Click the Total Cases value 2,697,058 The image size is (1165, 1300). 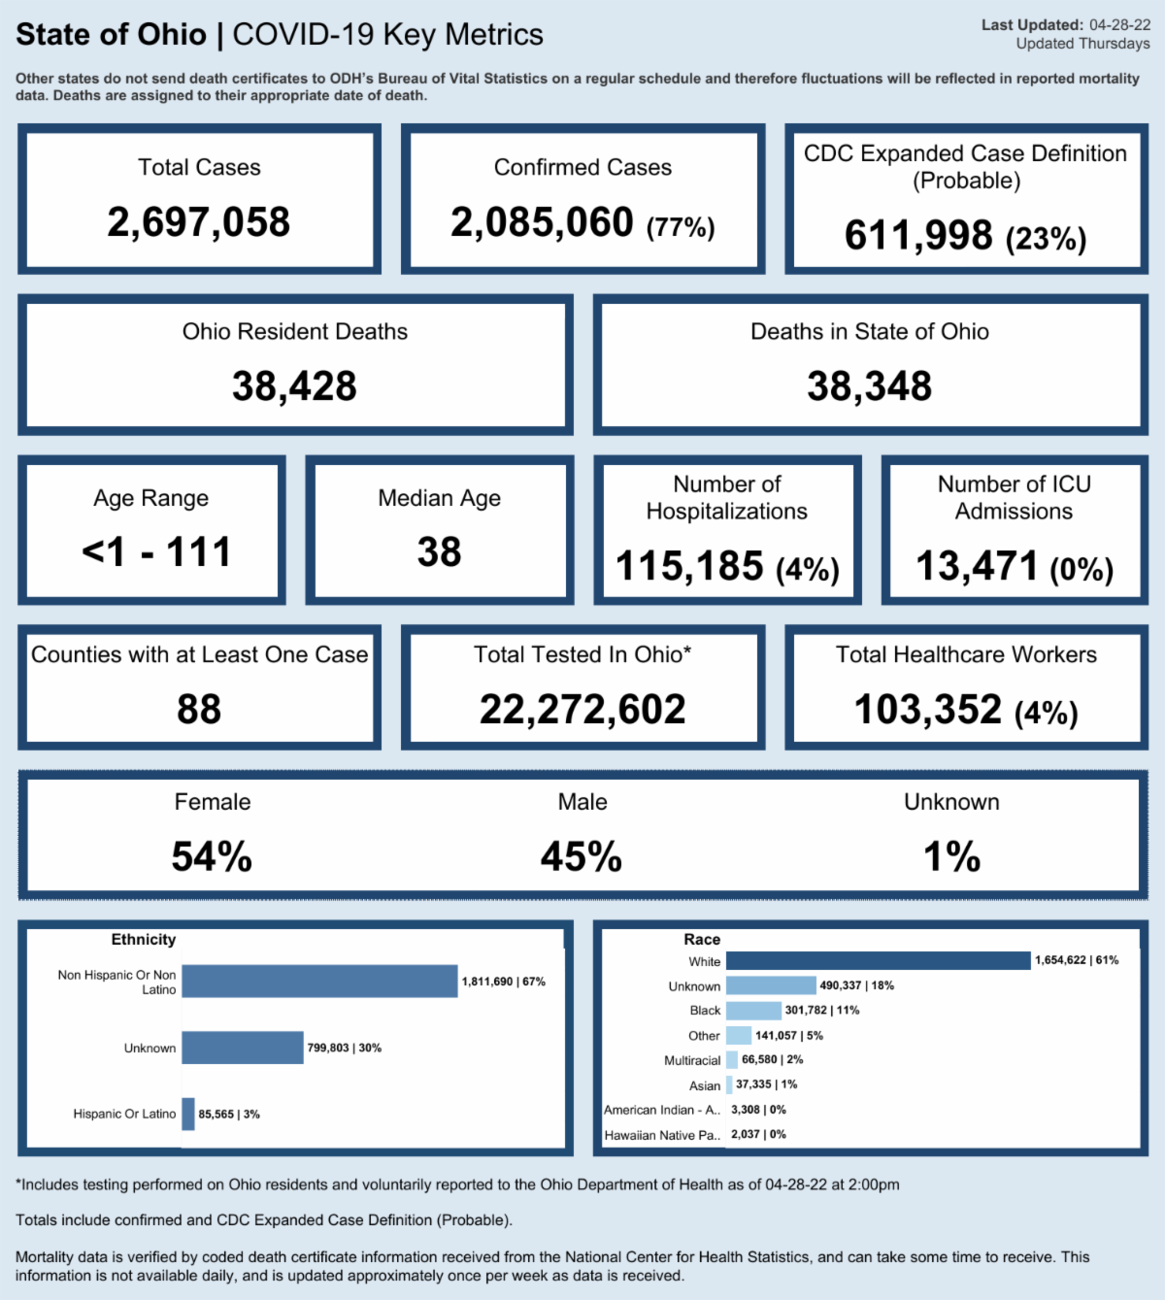pos(199,222)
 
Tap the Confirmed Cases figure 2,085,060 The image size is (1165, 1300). pos(542,222)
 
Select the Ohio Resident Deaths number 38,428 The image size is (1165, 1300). pos(294,386)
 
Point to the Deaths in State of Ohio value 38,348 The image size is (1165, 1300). pos(869,386)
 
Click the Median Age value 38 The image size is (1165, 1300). pos(439,552)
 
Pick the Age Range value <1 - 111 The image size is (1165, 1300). pos(156,552)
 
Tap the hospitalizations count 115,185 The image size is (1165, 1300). pos(690,566)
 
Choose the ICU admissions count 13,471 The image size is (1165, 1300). pos(978,566)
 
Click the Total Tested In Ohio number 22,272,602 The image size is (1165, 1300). pos(582,710)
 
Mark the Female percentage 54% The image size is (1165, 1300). pos(212,856)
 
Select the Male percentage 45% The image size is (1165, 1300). pos(582,856)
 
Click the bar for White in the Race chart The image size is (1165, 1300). pos(878,960)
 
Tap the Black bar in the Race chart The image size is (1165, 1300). pos(753,1011)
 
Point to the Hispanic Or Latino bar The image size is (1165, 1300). pos(188,1114)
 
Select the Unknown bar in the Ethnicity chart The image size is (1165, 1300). pos(243,1048)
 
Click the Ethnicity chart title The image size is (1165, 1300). pos(144,940)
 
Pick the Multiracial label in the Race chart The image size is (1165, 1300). pos(692,1061)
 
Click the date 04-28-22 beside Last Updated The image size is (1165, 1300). pos(1119,25)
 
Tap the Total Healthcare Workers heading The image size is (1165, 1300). pos(966,655)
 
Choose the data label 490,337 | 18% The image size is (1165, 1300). pos(856,985)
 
